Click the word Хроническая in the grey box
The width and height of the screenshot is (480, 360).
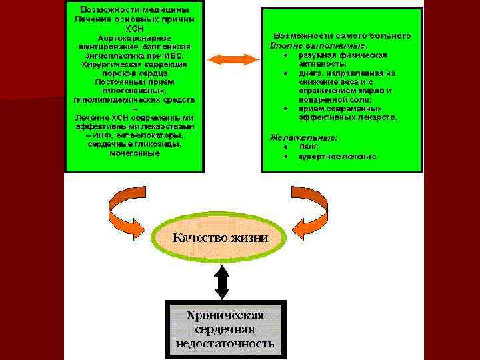click(225, 315)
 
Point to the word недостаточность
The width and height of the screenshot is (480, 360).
click(225, 344)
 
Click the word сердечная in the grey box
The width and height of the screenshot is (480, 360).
click(225, 329)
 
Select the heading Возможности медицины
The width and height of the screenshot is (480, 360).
click(134, 11)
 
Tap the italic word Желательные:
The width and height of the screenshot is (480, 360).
click(303, 137)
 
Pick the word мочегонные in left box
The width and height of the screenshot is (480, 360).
click(134, 153)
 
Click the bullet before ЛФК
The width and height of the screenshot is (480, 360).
click(285, 147)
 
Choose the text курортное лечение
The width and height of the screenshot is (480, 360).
click(337, 157)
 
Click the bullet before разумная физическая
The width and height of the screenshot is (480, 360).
click(285, 55)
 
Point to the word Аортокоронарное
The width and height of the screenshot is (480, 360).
click(134, 39)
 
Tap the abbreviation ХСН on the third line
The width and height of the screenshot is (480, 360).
click(134, 29)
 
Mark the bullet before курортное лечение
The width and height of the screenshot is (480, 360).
click(285, 157)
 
